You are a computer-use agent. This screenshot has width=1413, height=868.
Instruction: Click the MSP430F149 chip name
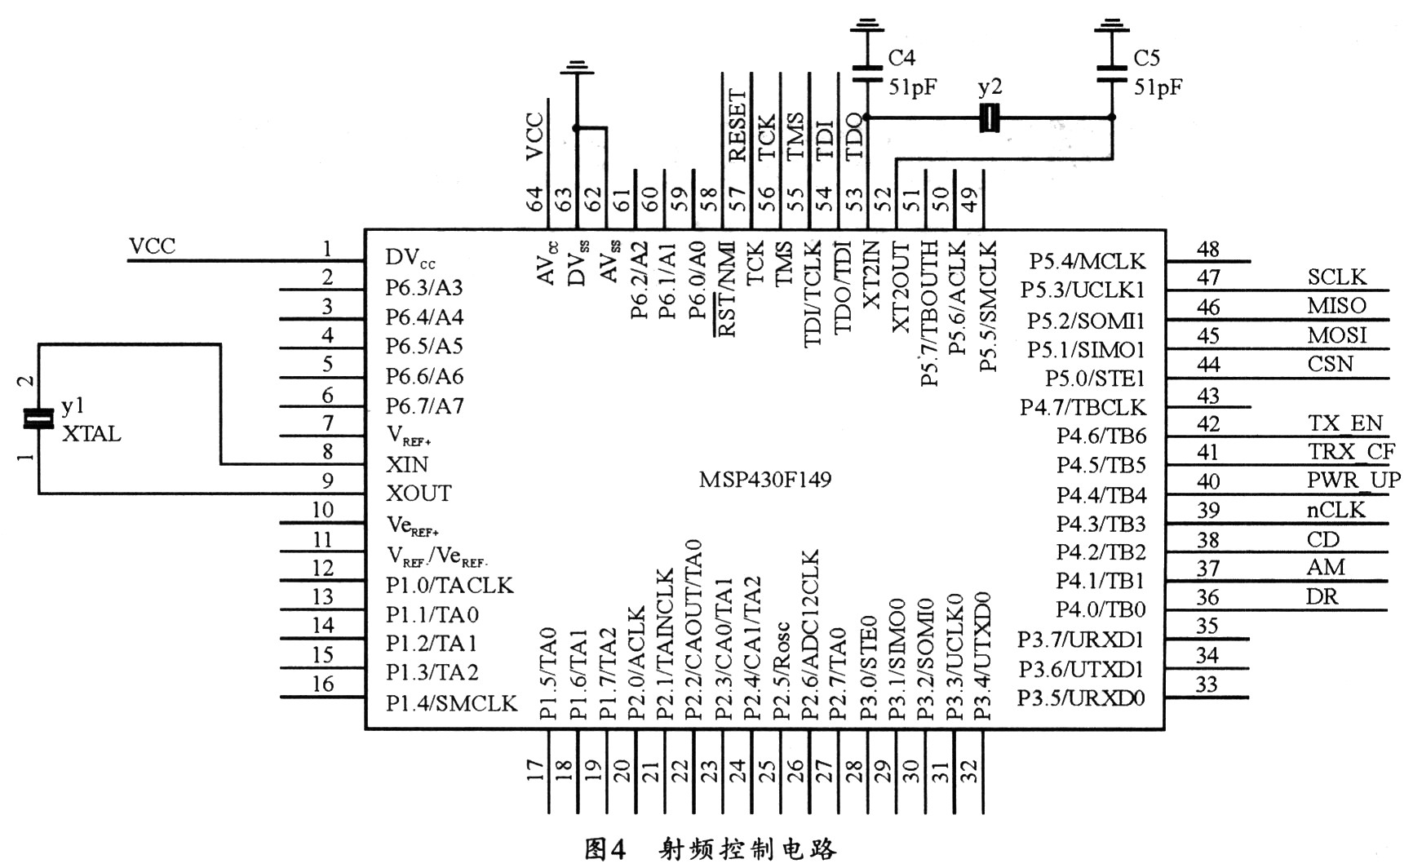click(x=764, y=479)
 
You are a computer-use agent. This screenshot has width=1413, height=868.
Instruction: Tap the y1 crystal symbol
click(x=38, y=418)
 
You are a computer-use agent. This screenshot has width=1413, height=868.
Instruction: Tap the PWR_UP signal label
click(x=1353, y=480)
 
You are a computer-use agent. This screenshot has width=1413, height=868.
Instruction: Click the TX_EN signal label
click(x=1345, y=423)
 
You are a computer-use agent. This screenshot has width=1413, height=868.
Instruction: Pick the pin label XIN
click(x=407, y=464)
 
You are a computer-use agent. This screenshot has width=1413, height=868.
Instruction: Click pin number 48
click(x=1207, y=250)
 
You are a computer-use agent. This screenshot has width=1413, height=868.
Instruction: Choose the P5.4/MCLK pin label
click(x=1087, y=261)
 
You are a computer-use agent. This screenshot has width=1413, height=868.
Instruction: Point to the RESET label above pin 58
click(x=736, y=126)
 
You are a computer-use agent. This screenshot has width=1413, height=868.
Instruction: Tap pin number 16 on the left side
click(x=323, y=684)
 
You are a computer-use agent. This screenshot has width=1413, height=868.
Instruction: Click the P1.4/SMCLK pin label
click(x=451, y=702)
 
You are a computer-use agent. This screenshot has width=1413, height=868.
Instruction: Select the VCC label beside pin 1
click(x=152, y=246)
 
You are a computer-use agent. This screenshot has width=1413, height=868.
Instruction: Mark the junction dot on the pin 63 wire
click(x=577, y=128)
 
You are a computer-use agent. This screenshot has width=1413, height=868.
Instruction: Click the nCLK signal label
click(x=1335, y=510)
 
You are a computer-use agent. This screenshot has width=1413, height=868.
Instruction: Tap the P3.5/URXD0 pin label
click(x=1082, y=698)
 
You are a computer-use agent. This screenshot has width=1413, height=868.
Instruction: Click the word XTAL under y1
click(x=91, y=434)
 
